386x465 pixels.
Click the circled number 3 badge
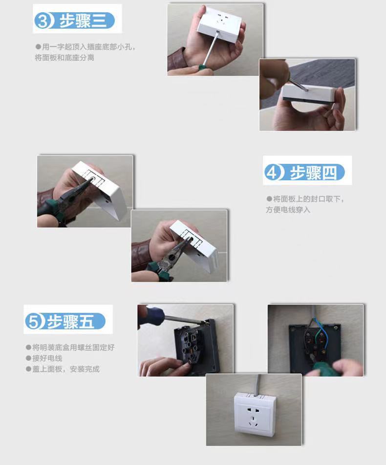[x=43, y=21]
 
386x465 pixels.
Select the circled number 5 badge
[x=33, y=321]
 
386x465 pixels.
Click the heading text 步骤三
[x=83, y=21]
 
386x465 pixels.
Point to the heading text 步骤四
[x=313, y=173]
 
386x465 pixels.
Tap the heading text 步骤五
[x=71, y=322]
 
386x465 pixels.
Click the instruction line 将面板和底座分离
[x=64, y=58]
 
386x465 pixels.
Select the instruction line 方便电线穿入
[x=288, y=210]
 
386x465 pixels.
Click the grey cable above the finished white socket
[x=257, y=384]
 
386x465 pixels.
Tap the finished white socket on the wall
[x=255, y=414]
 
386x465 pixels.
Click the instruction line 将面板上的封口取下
[x=308, y=199]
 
